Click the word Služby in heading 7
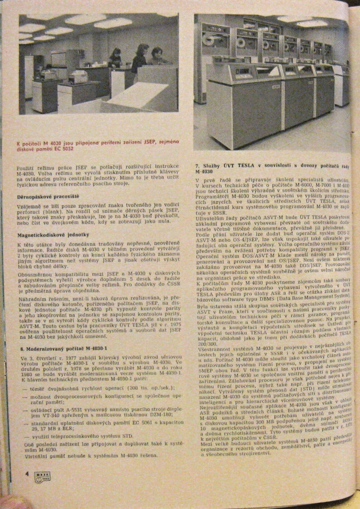pyautogui.click(x=212, y=165)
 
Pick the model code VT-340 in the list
pyautogui.click(x=53, y=413)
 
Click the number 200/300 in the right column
pyautogui.click(x=205, y=343)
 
